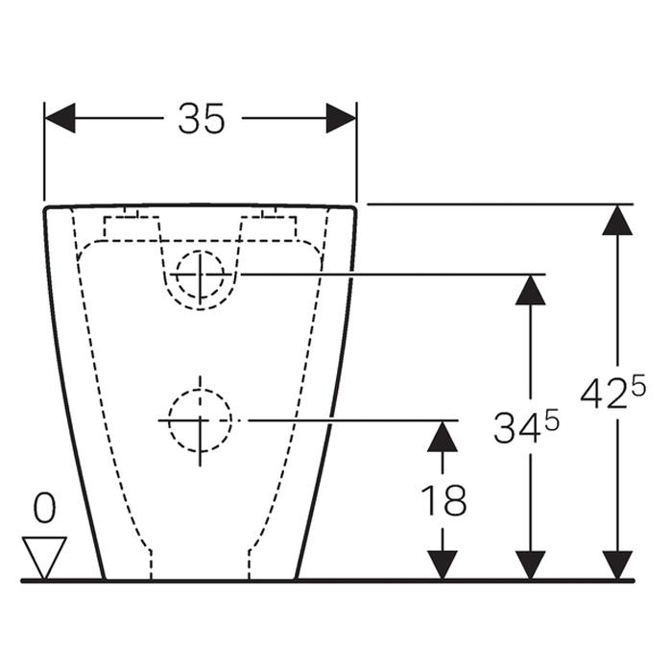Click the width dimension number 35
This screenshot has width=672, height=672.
tap(201, 119)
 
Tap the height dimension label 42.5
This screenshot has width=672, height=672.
tap(612, 393)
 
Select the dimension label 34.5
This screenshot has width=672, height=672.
tap(526, 426)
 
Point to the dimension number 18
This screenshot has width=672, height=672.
tap(444, 500)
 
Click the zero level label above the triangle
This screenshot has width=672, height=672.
tap(44, 508)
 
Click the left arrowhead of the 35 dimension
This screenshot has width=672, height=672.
tap(60, 118)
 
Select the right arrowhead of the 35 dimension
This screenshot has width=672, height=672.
tap(341, 118)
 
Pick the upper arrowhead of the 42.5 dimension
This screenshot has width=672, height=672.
tap(617, 220)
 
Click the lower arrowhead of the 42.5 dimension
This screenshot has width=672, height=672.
tap(617, 565)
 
